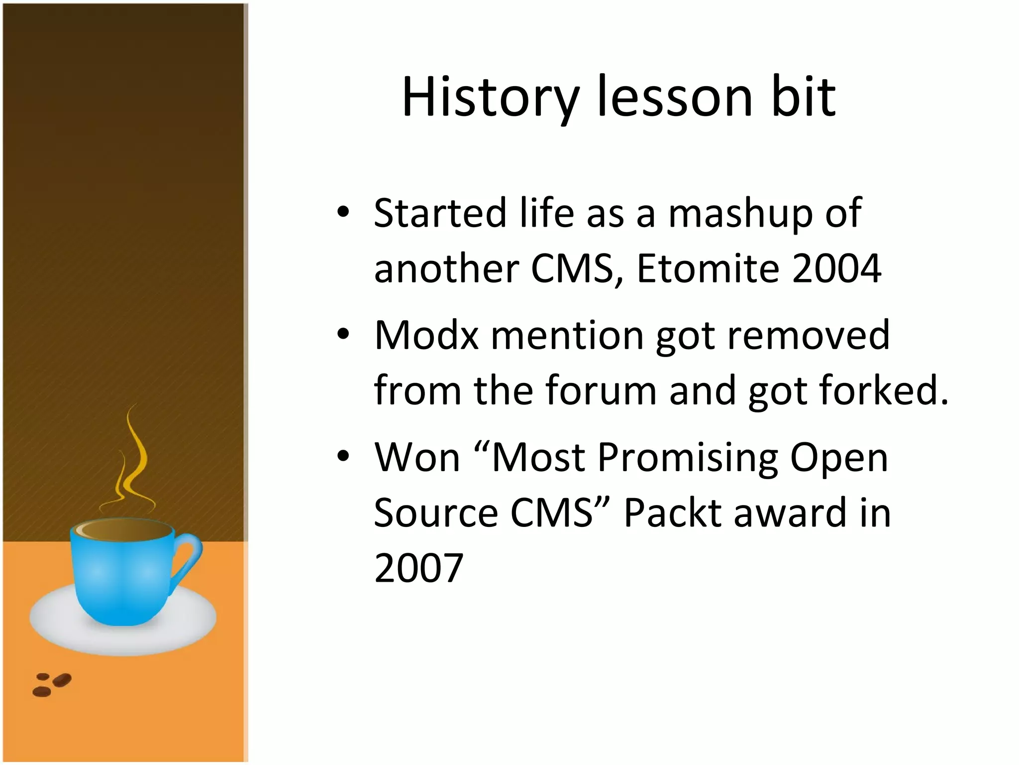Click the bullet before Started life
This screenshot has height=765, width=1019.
(343, 213)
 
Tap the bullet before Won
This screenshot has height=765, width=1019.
(343, 457)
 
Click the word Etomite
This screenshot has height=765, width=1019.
(707, 268)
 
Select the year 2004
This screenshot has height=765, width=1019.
(836, 268)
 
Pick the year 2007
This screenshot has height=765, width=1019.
(418, 568)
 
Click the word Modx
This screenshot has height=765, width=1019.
(426, 335)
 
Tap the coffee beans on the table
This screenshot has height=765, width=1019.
(52, 684)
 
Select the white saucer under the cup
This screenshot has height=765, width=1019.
(50, 623)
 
